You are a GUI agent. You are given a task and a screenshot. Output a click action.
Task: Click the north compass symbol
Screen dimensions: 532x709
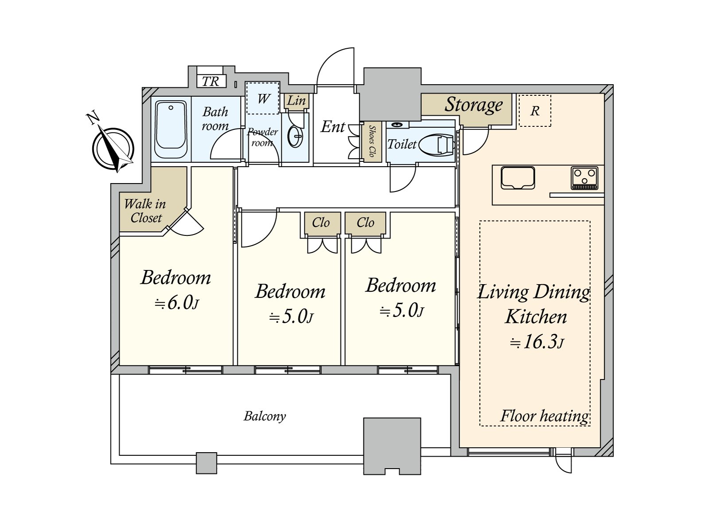coord(113,149)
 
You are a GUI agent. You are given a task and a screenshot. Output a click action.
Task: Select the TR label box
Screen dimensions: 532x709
coord(211,81)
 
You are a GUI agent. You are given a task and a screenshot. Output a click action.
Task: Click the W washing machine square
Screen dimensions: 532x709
coord(262,98)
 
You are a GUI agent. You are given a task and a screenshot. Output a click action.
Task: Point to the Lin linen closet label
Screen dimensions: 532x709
coord(296,101)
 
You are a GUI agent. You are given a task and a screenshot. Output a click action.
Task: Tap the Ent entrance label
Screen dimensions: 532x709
coord(332,127)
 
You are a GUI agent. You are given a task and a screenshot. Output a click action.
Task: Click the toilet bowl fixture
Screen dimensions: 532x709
coord(436,145)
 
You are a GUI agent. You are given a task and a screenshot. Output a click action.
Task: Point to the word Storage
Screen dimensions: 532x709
coord(473,105)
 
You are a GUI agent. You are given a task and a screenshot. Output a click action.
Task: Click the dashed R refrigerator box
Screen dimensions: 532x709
coord(535,111)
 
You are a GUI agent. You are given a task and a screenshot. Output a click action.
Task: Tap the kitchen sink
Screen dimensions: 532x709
coord(518,178)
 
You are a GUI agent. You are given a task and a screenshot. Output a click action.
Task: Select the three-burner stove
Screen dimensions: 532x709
coord(584,178)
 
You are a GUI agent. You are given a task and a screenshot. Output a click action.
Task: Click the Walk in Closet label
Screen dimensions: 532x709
coord(145,211)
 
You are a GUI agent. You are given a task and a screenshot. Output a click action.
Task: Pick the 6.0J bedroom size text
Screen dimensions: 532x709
coord(176,303)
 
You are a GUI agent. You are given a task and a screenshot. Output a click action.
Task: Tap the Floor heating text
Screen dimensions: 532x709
coord(544,416)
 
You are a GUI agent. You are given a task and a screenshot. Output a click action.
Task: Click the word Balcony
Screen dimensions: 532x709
coord(265,416)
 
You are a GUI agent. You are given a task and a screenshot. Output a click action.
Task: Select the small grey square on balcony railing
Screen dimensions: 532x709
coord(206,463)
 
